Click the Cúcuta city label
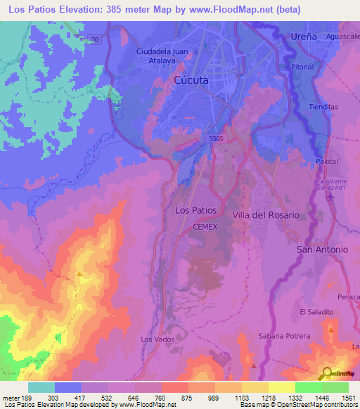[191, 81]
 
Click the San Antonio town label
[322, 249]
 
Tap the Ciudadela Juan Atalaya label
[164, 56]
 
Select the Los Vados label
[157, 339]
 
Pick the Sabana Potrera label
[284, 336]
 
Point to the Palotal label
[327, 161]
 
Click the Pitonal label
[302, 67]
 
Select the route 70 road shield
[94, 40]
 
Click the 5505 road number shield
[216, 139]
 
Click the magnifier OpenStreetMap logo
[326, 374]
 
